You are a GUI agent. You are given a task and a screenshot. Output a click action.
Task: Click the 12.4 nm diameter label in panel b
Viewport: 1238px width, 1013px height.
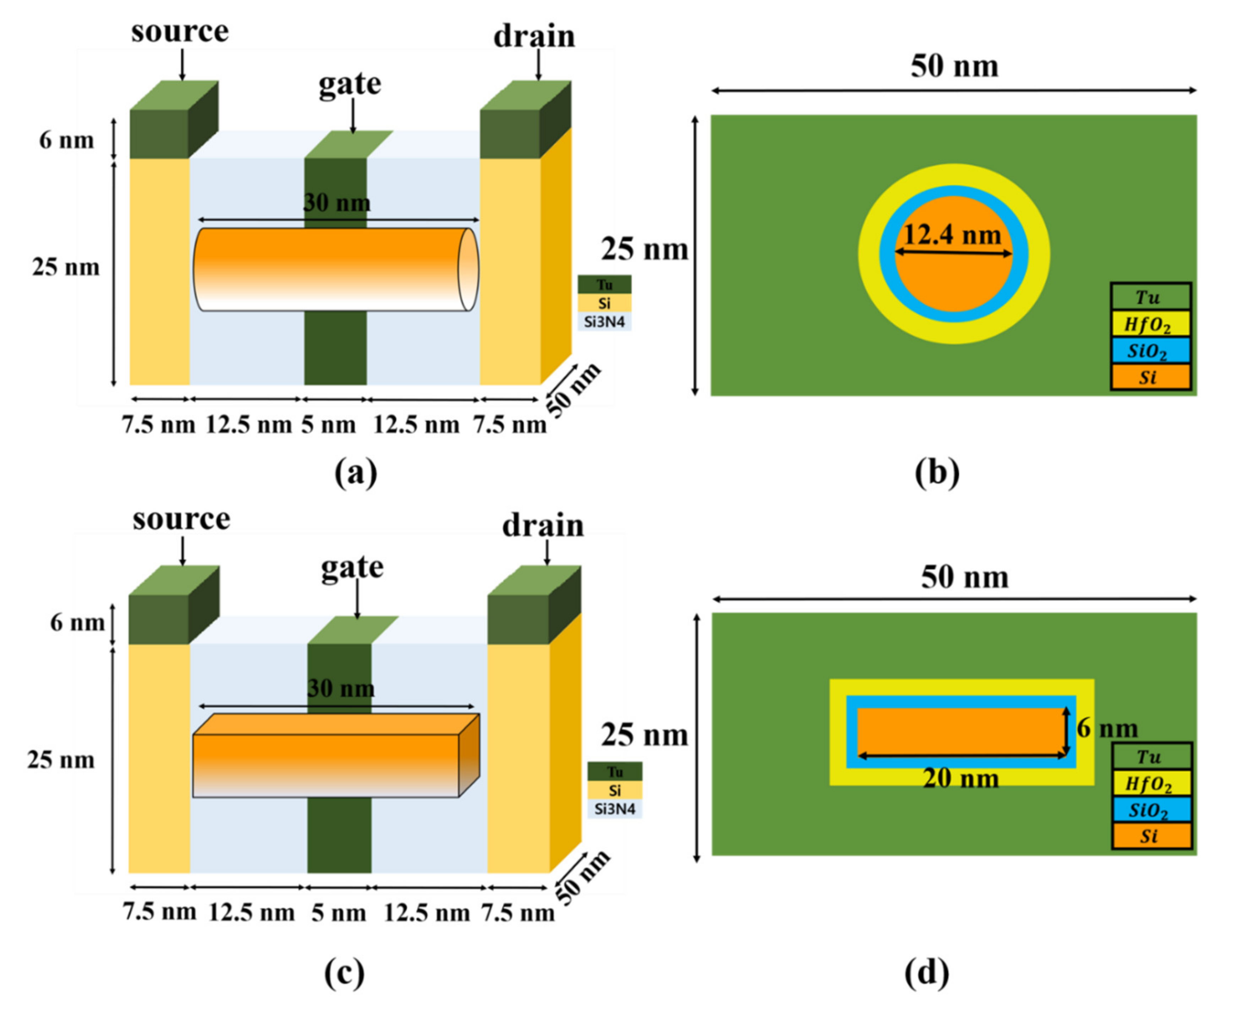tap(952, 235)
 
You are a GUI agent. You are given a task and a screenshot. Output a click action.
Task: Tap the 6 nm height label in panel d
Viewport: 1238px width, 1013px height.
tap(1107, 728)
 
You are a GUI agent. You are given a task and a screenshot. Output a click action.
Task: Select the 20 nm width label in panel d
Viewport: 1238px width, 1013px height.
tap(961, 778)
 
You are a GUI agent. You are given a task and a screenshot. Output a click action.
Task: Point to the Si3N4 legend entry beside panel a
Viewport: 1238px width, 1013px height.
tap(604, 322)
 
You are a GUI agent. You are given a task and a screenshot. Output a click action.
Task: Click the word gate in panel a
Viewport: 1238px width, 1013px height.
tap(350, 83)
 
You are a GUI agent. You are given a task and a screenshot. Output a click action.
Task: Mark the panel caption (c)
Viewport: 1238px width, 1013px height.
tap(345, 973)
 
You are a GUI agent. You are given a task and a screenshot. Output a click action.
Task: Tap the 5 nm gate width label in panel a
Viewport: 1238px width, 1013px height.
tap(328, 425)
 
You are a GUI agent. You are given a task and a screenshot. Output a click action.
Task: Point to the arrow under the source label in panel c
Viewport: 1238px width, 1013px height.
tap(182, 551)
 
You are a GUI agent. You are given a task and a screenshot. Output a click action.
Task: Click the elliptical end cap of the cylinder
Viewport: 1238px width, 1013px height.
tap(469, 270)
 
